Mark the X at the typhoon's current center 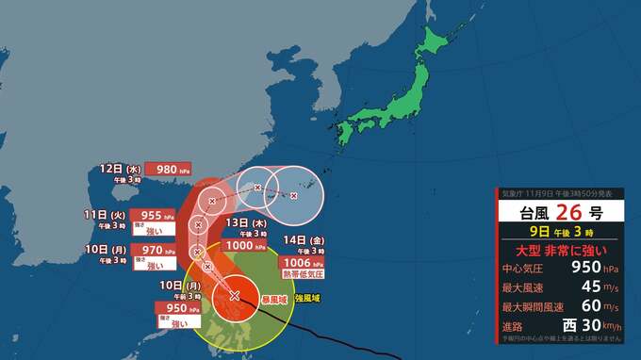[x=234, y=296]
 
